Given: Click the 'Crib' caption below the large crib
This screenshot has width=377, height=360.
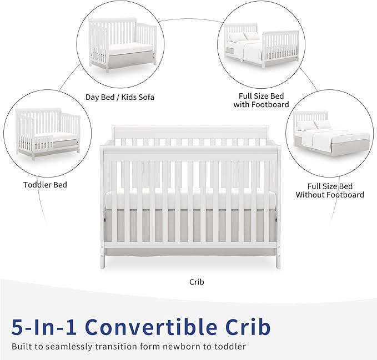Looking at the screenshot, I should pos(197,282).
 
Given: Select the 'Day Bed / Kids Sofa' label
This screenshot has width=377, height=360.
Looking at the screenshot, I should pos(120,97).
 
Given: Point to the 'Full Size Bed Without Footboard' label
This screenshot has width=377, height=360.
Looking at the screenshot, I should pos(330,191).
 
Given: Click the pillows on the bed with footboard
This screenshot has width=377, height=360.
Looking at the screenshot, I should pos(243,37).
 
